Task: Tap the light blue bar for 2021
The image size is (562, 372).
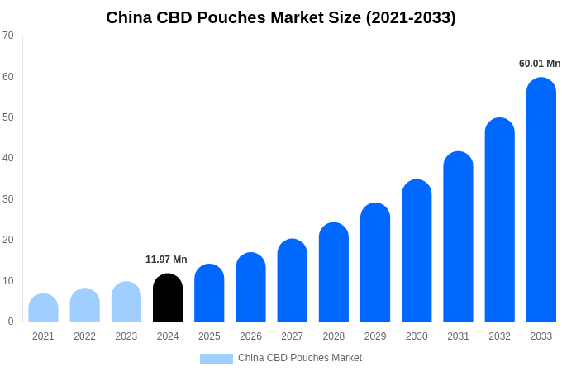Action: [x=43, y=308]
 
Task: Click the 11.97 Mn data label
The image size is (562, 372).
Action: [x=166, y=260]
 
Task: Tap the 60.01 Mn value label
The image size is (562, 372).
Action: [x=540, y=64]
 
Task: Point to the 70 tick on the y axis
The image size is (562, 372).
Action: [x=8, y=36]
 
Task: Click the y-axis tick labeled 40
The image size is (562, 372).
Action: [x=8, y=158]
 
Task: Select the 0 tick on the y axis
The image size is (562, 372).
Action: [x=11, y=322]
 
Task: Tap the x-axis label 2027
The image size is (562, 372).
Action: [x=292, y=336]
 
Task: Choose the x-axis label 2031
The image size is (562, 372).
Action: [x=458, y=336]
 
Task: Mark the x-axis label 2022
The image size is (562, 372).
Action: [x=84, y=336]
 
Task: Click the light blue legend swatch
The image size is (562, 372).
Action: [x=217, y=359]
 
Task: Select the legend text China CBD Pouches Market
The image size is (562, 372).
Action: [x=300, y=358]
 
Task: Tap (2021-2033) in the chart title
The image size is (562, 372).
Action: [x=411, y=17]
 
